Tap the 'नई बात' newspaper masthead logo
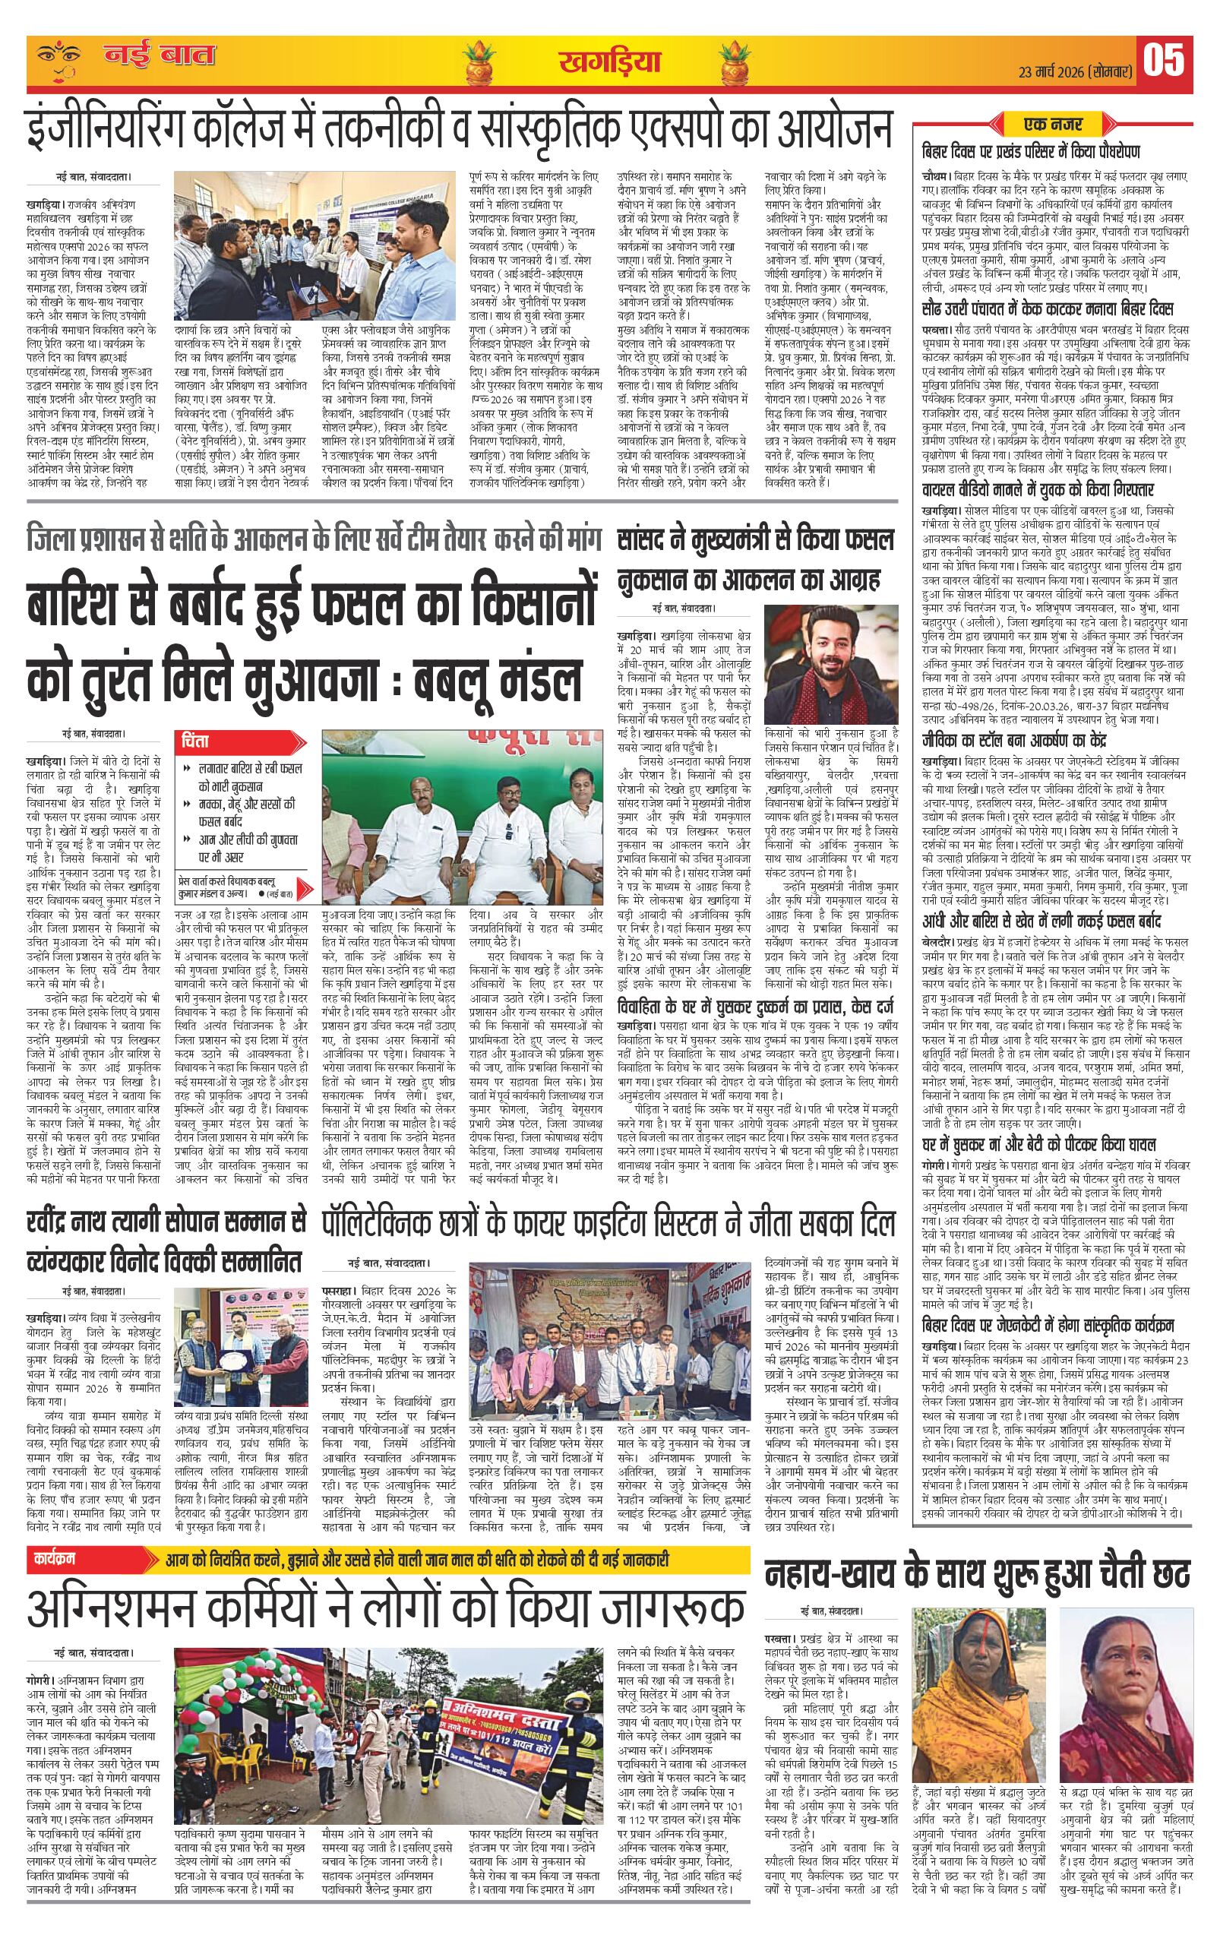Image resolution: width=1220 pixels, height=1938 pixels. pos(160,57)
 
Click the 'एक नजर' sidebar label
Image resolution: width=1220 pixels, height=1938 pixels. pos(1054,125)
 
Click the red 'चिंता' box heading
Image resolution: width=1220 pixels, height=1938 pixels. pos(200,738)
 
